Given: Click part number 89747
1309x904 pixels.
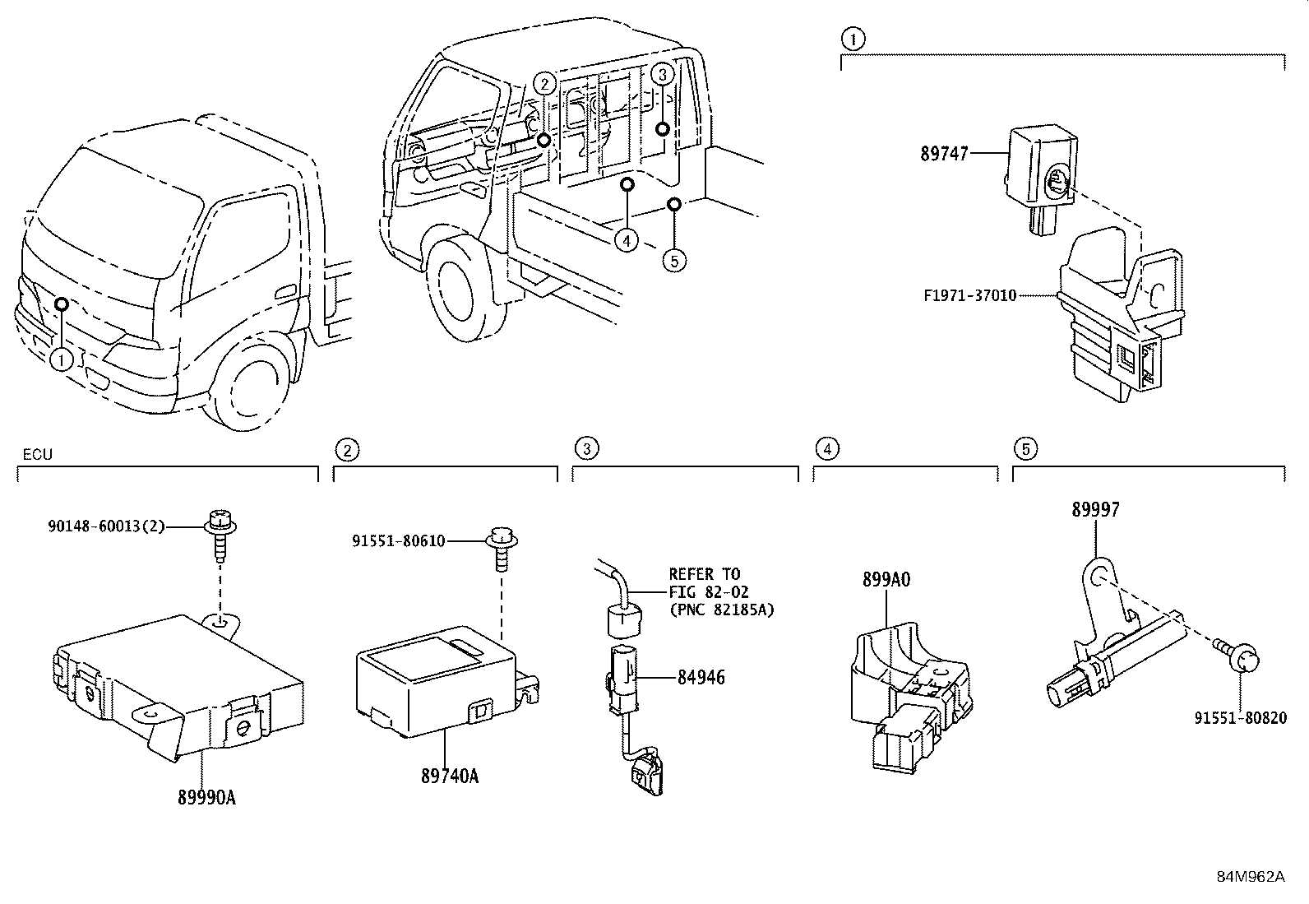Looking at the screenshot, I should pyautogui.click(x=944, y=154).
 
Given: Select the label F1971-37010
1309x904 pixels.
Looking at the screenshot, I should pyautogui.click(x=969, y=294).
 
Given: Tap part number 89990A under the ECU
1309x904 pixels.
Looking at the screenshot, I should pyautogui.click(x=206, y=797).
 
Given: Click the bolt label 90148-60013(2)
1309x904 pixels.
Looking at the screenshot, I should pyautogui.click(x=106, y=525).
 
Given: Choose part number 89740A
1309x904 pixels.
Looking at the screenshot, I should pyautogui.click(x=449, y=776).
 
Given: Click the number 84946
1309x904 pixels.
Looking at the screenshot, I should pyautogui.click(x=701, y=678).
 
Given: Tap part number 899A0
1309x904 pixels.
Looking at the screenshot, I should pyautogui.click(x=886, y=579).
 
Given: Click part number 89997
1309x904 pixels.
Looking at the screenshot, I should pyautogui.click(x=1095, y=510).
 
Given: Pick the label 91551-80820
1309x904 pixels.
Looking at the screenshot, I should pyautogui.click(x=1240, y=717).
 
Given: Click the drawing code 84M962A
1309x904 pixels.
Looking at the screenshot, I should pyautogui.click(x=1250, y=876).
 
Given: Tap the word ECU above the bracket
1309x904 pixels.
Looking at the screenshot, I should pyautogui.click(x=37, y=454).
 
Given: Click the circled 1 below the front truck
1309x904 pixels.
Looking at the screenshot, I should pyautogui.click(x=61, y=359).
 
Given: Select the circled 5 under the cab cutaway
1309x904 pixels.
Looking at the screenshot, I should pyautogui.click(x=673, y=261).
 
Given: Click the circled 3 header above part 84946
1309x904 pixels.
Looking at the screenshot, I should pyautogui.click(x=586, y=448).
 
